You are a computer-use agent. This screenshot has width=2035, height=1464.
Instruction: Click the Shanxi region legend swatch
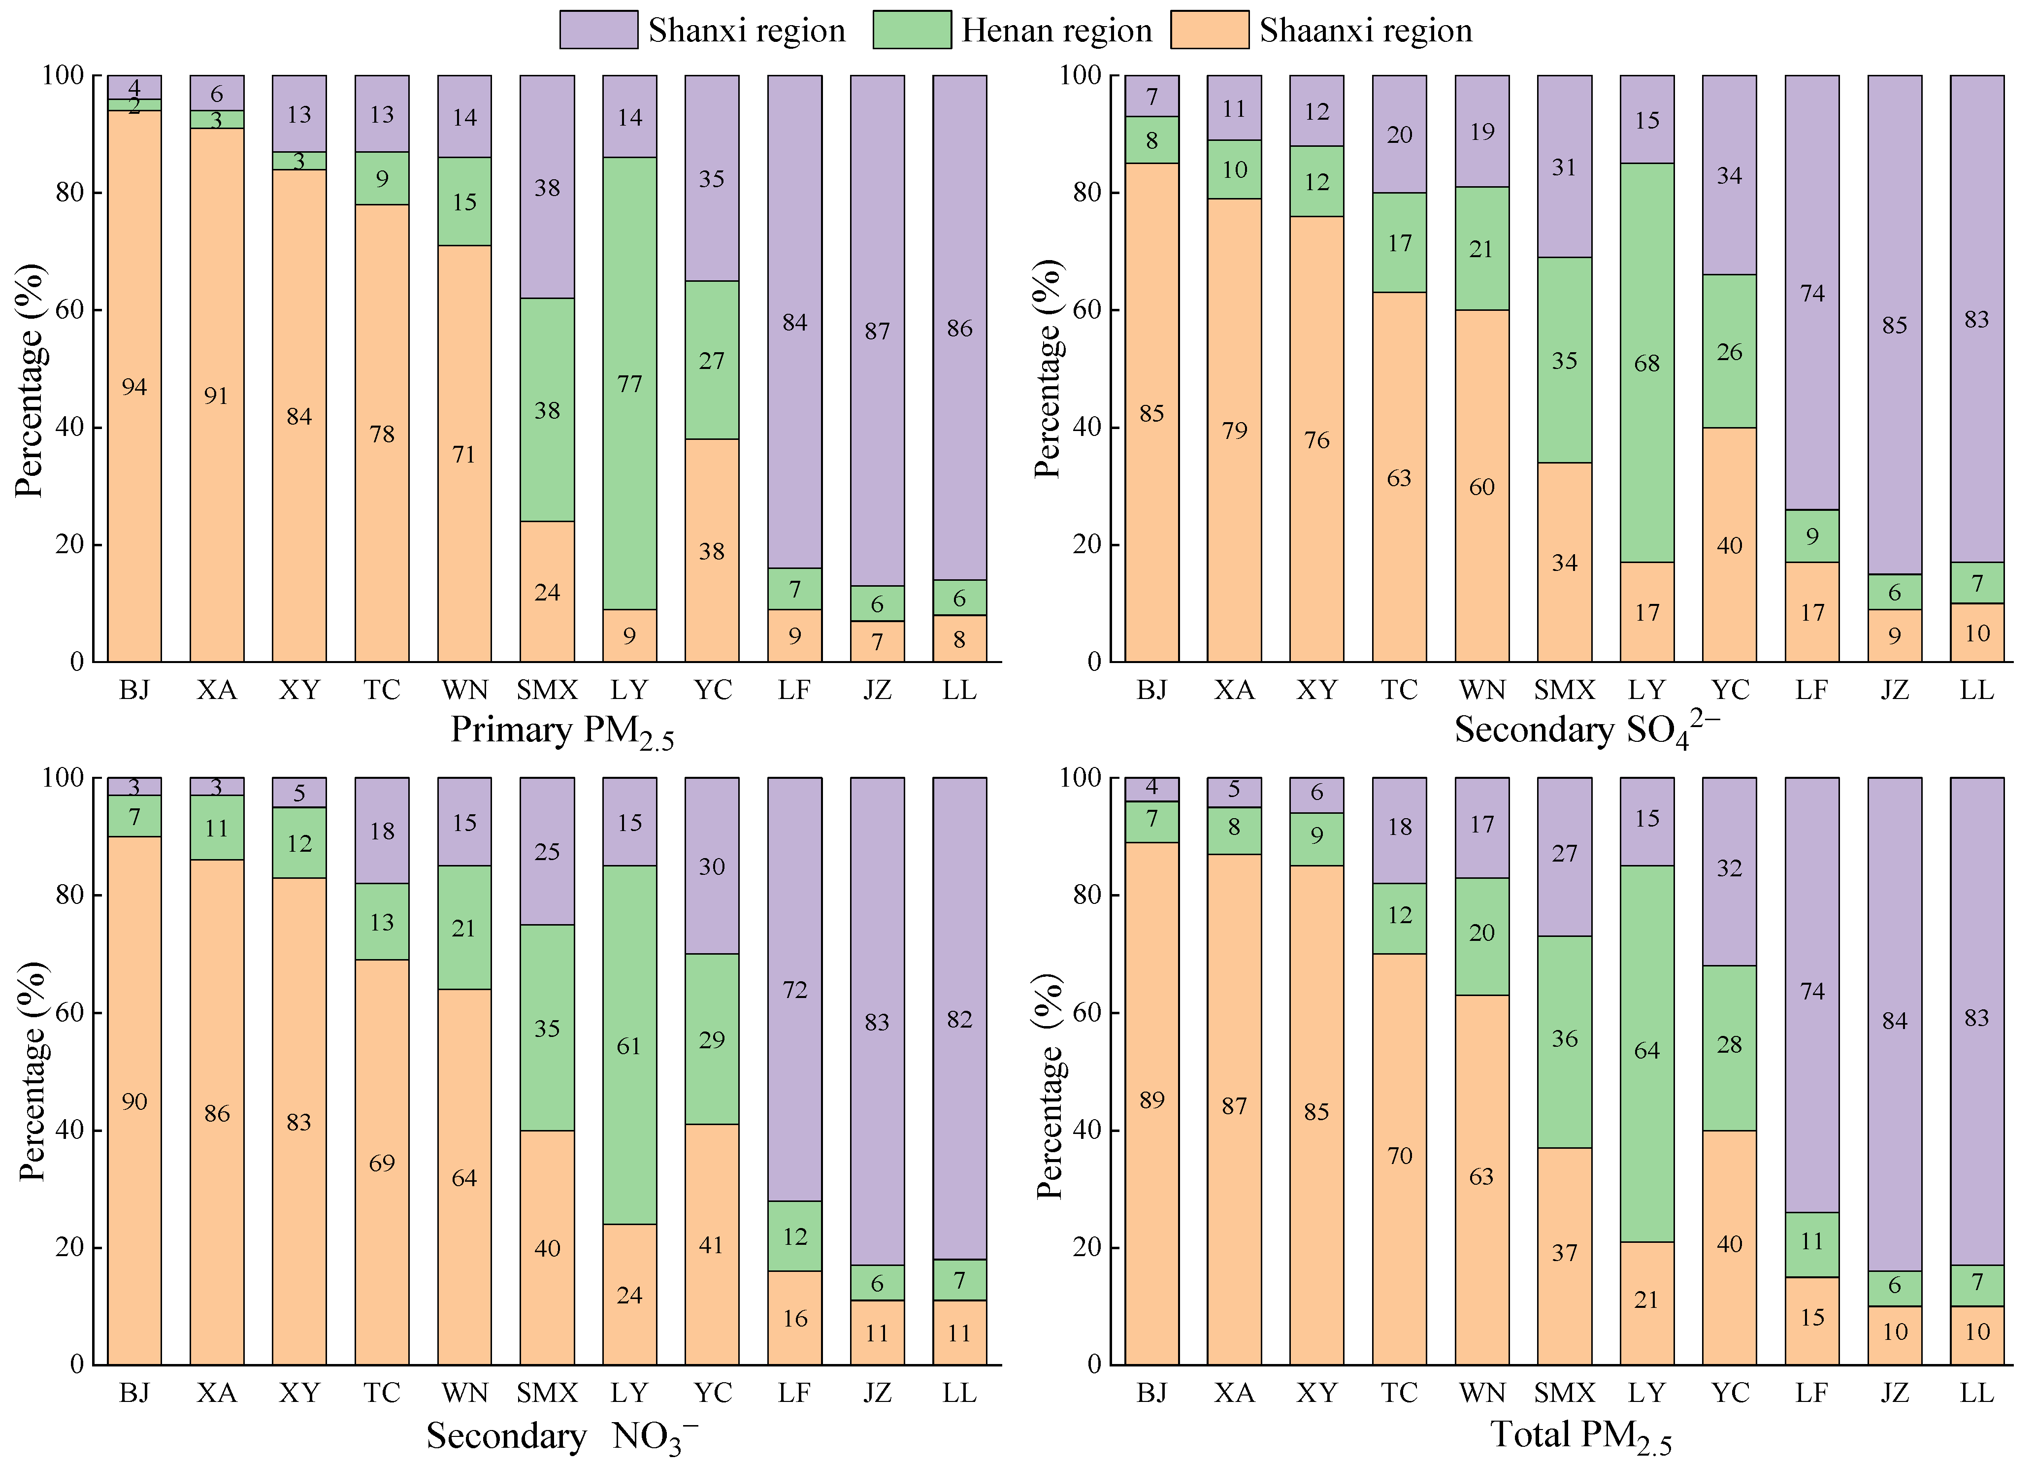click(x=598, y=30)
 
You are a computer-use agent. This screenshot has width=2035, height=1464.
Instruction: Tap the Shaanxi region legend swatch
click(x=1209, y=30)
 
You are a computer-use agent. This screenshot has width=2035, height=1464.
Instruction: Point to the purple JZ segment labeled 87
click(x=877, y=331)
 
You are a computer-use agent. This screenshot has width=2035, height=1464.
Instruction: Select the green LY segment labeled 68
click(x=1646, y=363)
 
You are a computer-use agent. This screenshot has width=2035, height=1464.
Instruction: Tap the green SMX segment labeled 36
click(x=1564, y=1038)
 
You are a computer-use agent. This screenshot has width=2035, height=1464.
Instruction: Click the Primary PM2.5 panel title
click(x=561, y=732)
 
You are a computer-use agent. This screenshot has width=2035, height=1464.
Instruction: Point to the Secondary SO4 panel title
click(x=1586, y=730)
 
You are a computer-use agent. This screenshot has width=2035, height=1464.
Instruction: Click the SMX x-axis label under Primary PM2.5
click(x=547, y=690)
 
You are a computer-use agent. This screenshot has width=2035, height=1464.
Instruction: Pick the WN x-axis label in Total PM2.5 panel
click(x=1481, y=1393)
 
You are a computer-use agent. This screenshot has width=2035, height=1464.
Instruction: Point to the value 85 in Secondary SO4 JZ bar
click(x=1894, y=325)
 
